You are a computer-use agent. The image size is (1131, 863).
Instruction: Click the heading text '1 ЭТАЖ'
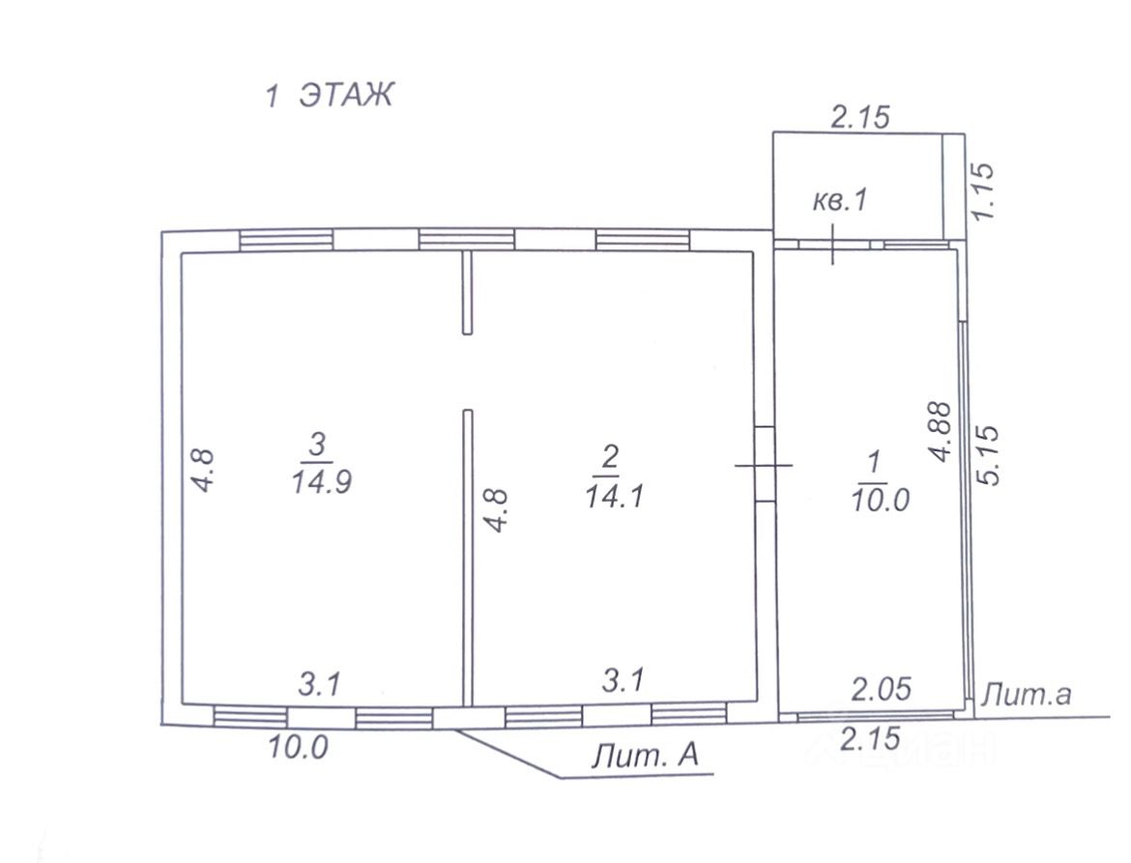[x=329, y=95]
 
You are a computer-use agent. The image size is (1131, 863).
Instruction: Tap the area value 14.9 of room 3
[x=321, y=481]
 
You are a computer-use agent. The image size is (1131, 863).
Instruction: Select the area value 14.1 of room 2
[x=615, y=496]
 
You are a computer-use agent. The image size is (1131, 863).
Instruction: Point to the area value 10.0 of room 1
[x=880, y=499]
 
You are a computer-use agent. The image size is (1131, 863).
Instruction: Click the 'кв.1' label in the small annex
[x=840, y=200]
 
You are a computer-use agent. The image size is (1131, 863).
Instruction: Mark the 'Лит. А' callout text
[x=645, y=756]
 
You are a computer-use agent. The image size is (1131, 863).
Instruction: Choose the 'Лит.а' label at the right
[x=1026, y=694]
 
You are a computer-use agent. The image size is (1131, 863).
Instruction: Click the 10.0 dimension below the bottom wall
[x=298, y=746]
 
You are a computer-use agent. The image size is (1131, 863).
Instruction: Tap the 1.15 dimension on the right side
[x=983, y=191]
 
